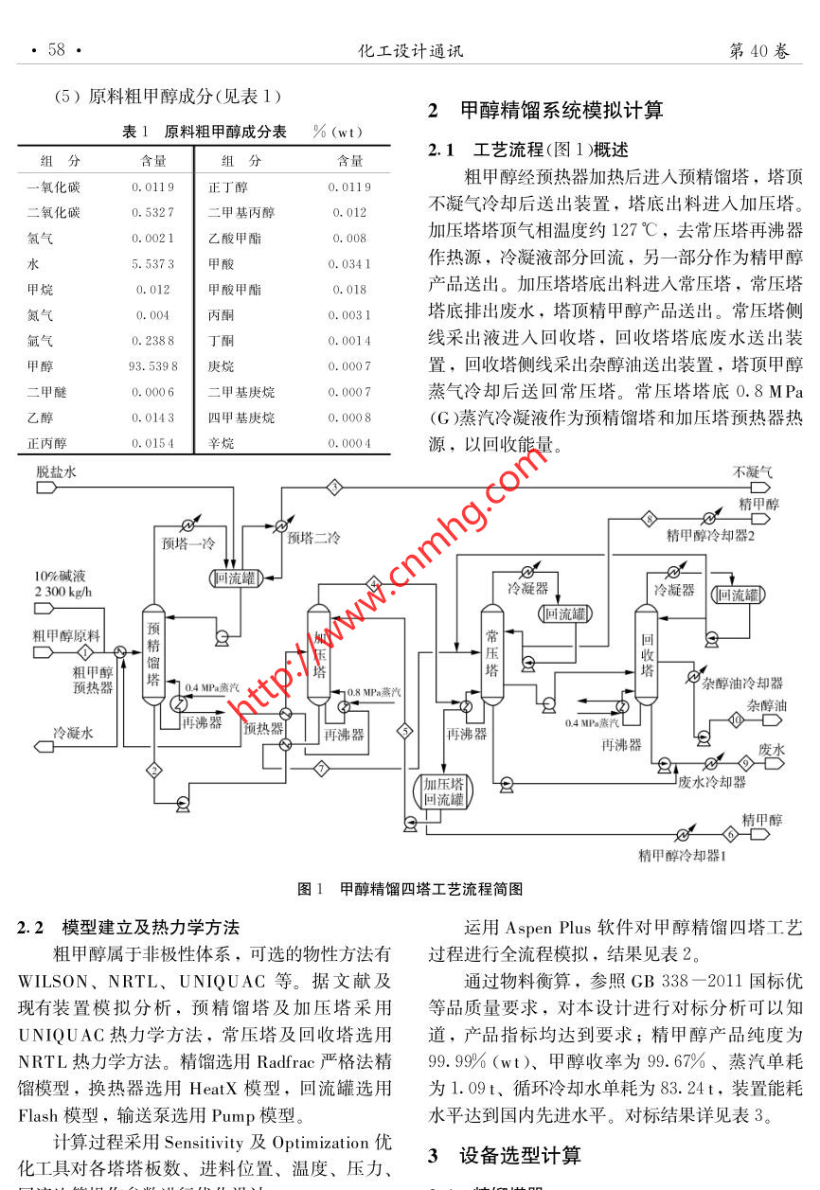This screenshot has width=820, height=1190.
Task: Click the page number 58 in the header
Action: pos(57,50)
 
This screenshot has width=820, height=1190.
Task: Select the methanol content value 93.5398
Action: pos(152,366)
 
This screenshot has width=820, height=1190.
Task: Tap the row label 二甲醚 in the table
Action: pos(45,392)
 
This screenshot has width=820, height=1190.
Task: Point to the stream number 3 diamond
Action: pos(334,487)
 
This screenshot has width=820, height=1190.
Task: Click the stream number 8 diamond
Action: pos(649,518)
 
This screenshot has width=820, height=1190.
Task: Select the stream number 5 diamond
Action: pos(405,731)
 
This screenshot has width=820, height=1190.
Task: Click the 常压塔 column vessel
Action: pos(491,653)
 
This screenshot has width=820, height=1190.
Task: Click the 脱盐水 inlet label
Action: pos(57,471)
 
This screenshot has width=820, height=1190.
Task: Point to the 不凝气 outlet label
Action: pos(753,471)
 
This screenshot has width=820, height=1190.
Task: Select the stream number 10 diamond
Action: pos(737,720)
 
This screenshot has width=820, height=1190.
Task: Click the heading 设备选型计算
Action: pos(519,1156)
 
